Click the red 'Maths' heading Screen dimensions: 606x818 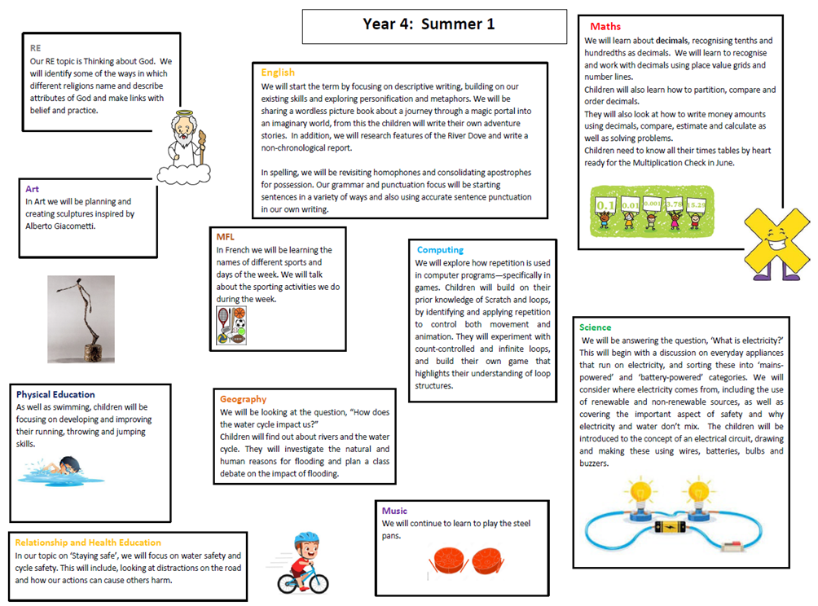pyautogui.click(x=605, y=27)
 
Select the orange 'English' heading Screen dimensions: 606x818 pyautogui.click(x=278, y=72)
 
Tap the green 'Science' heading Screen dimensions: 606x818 pyautogui.click(x=595, y=327)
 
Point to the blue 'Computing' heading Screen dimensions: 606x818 pyautogui.click(x=440, y=250)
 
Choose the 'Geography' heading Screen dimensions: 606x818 pyautogui.click(x=243, y=399)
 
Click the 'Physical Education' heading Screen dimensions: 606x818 pyautogui.click(x=55, y=394)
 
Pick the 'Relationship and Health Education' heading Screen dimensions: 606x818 pyautogui.click(x=88, y=542)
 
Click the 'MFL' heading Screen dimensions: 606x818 pyautogui.click(x=226, y=237)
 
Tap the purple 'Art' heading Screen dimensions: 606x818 pyautogui.click(x=32, y=188)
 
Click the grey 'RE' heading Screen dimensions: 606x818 pyautogui.click(x=35, y=48)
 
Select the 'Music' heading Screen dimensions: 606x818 pyautogui.click(x=395, y=511)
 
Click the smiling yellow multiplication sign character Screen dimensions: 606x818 pyautogui.click(x=773, y=242)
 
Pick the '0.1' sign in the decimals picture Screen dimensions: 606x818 pyautogui.click(x=605, y=203)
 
